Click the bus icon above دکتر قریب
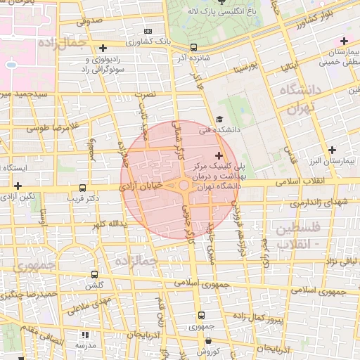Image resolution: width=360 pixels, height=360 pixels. (83, 188)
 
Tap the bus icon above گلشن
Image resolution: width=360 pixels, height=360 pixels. (94, 275)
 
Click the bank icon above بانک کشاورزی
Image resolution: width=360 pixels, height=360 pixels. (147, 31)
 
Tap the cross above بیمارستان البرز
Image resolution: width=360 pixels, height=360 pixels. (332, 150)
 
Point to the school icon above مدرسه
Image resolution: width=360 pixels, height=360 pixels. (86, 336)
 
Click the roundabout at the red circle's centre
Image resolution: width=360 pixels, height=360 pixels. (184, 186)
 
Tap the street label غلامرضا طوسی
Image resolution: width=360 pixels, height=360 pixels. (49, 129)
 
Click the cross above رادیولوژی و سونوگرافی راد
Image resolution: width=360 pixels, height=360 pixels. (103, 48)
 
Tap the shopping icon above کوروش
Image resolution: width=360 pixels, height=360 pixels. (201, 340)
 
